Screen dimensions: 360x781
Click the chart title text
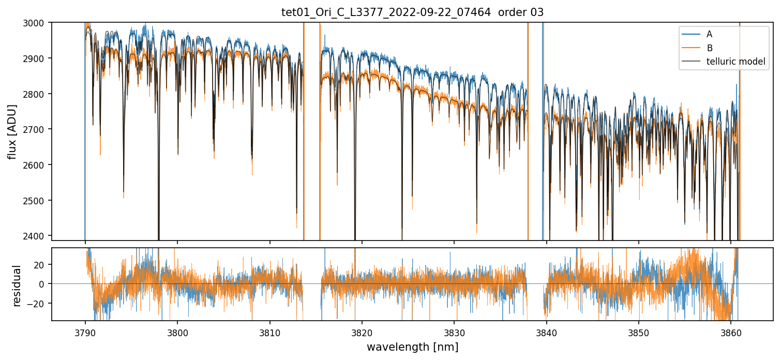(x=412, y=12)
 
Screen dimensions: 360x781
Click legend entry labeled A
(x=709, y=34)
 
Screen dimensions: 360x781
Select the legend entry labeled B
(x=709, y=48)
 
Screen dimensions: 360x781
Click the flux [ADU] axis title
(x=12, y=131)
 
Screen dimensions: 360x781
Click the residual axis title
(x=17, y=286)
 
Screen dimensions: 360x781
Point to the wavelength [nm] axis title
(x=412, y=347)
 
